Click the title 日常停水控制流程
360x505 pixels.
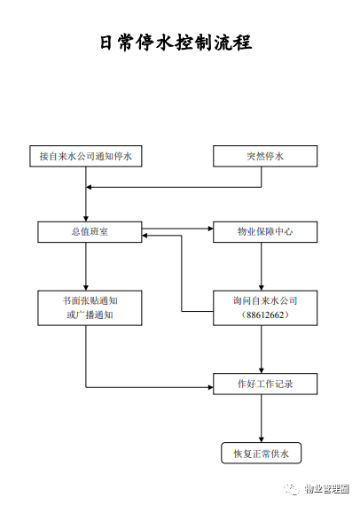click(176, 43)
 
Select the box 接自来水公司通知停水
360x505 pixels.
click(86, 156)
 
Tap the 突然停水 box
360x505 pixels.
click(265, 156)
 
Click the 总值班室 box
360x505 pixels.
click(90, 232)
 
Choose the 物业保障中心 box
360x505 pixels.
click(265, 232)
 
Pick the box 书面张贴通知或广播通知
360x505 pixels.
click(90, 308)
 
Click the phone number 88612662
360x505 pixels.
click(265, 315)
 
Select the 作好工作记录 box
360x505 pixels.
click(265, 384)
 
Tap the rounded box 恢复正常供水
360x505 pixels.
click(262, 453)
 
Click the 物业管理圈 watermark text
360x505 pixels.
click(327, 489)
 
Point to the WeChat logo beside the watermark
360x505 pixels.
click(292, 489)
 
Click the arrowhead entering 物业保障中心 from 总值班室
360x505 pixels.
click(210, 229)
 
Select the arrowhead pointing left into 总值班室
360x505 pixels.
click(145, 236)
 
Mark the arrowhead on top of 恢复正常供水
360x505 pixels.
click(262, 440)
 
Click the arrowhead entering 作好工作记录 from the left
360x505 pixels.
click(210, 387)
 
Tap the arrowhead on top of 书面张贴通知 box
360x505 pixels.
click(86, 288)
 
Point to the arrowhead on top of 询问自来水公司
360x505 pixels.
click(262, 288)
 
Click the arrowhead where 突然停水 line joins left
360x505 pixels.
click(89, 187)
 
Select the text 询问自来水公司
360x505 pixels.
click(265, 301)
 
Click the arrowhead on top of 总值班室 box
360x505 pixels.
click(86, 219)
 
